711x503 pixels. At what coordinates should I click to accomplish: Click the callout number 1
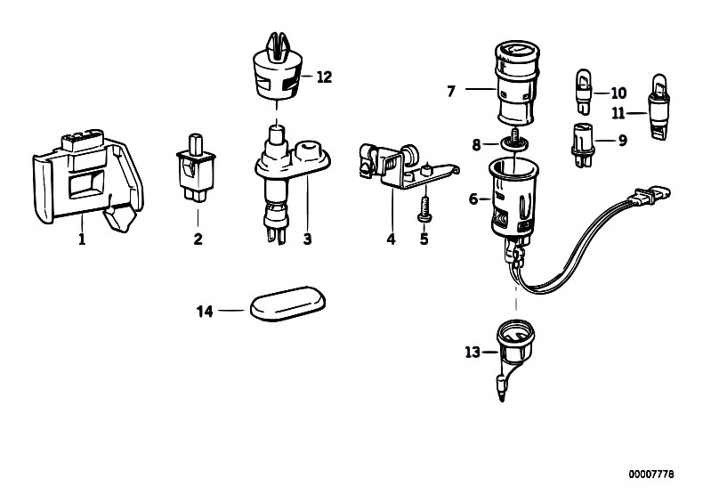(x=82, y=239)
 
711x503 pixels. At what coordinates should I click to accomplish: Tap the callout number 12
(x=324, y=77)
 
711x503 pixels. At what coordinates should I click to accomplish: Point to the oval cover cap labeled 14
(x=288, y=304)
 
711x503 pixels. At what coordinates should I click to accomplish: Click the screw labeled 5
(x=424, y=209)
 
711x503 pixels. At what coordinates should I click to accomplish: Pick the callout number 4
(x=391, y=239)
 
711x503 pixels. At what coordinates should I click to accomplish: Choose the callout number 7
(x=451, y=91)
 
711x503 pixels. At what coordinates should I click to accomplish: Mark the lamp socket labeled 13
(x=513, y=358)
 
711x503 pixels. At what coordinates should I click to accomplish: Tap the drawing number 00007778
(x=651, y=475)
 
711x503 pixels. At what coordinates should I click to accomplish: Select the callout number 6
(x=473, y=199)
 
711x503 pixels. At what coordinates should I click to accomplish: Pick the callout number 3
(x=307, y=239)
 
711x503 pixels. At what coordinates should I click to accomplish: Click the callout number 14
(x=205, y=312)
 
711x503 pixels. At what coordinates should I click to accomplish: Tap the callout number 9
(x=623, y=141)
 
